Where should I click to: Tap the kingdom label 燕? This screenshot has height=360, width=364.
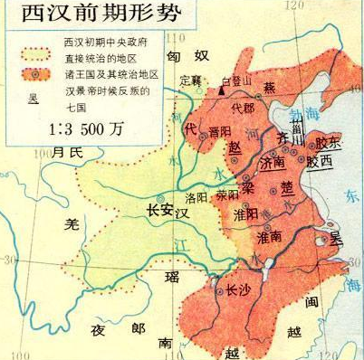[x=269, y=87]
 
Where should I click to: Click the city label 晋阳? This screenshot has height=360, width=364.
[x=219, y=130]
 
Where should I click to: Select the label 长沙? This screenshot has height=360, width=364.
[x=236, y=290]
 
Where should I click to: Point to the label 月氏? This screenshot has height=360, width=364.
[x=66, y=151]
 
